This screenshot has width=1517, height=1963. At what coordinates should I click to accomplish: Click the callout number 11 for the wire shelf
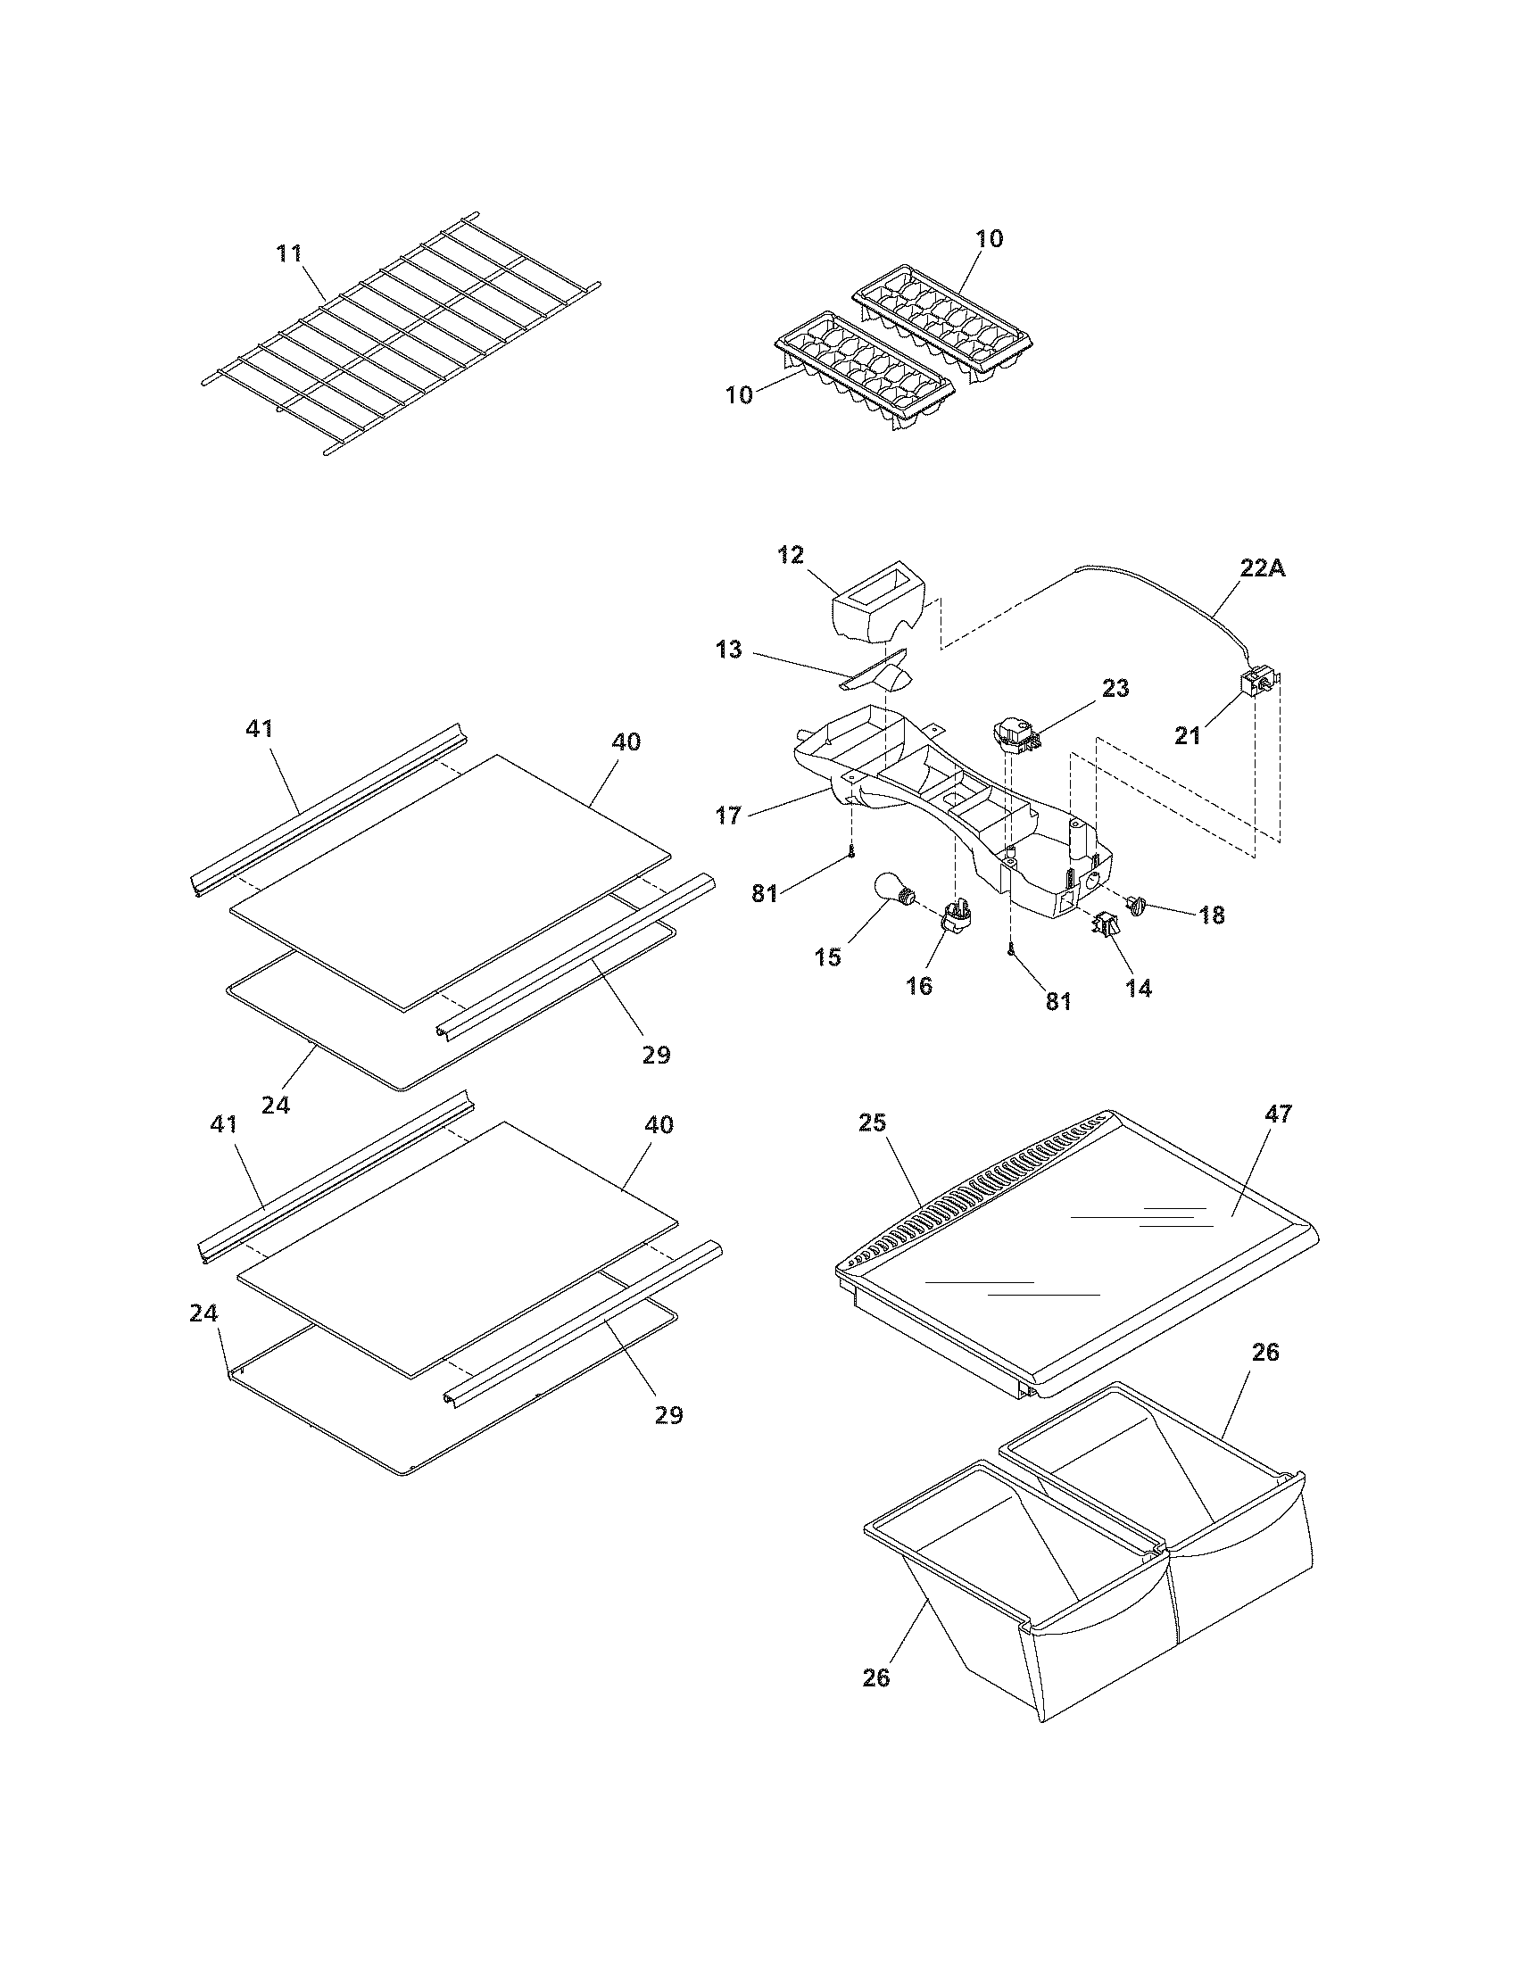pos(289,253)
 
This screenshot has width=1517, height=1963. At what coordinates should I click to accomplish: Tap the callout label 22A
pos(1262,568)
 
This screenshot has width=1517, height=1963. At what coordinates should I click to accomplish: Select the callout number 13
pos(729,649)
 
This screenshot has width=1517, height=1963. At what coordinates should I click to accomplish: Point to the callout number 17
pos(729,816)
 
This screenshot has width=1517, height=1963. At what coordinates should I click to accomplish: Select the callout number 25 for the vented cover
pos(872,1122)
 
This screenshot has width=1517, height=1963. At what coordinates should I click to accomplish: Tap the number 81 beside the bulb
pos(765,895)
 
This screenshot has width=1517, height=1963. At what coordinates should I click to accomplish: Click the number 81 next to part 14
pos(1058,1000)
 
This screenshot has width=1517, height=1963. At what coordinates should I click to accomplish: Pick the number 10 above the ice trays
pos(990,239)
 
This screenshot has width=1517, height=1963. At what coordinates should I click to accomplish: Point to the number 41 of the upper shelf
pos(259,729)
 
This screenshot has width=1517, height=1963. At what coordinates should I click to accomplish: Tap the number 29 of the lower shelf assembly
pos(668,1416)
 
